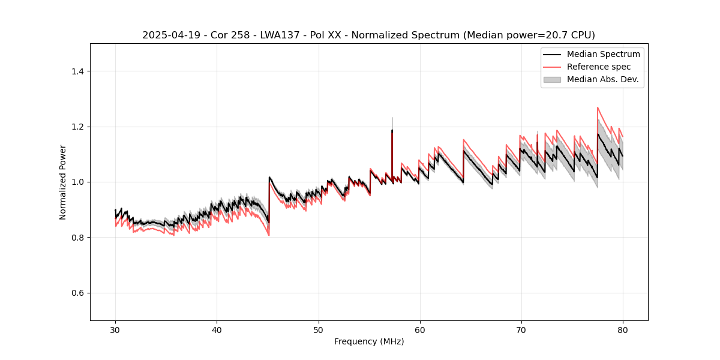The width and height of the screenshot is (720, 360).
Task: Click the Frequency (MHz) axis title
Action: pyautogui.click(x=369, y=341)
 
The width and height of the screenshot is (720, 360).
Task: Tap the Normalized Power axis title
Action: pyautogui.click(x=63, y=182)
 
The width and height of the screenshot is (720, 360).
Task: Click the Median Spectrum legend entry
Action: pyautogui.click(x=603, y=54)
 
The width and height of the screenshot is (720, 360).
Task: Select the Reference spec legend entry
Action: pyautogui.click(x=599, y=67)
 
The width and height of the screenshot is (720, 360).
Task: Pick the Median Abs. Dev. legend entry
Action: pyautogui.click(x=602, y=79)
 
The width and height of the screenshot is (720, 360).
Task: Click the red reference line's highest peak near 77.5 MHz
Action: pyautogui.click(x=598, y=108)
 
